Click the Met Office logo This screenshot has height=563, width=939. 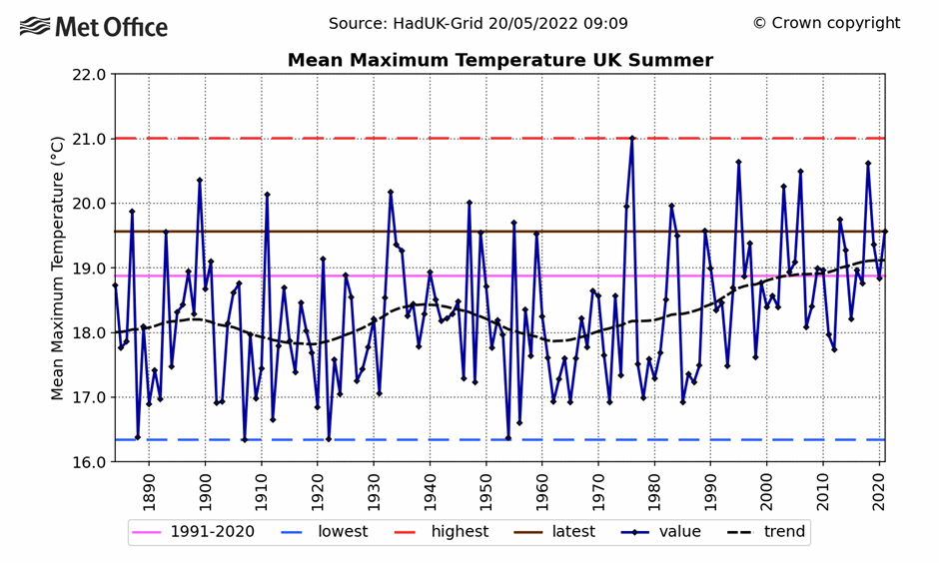coord(94,27)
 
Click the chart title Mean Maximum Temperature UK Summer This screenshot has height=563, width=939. coord(499,61)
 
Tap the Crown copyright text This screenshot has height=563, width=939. coord(826,23)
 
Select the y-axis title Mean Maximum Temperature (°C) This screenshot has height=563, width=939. coord(58,268)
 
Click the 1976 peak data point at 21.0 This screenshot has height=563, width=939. coord(631,138)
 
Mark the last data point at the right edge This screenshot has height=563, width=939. coord(884,232)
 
